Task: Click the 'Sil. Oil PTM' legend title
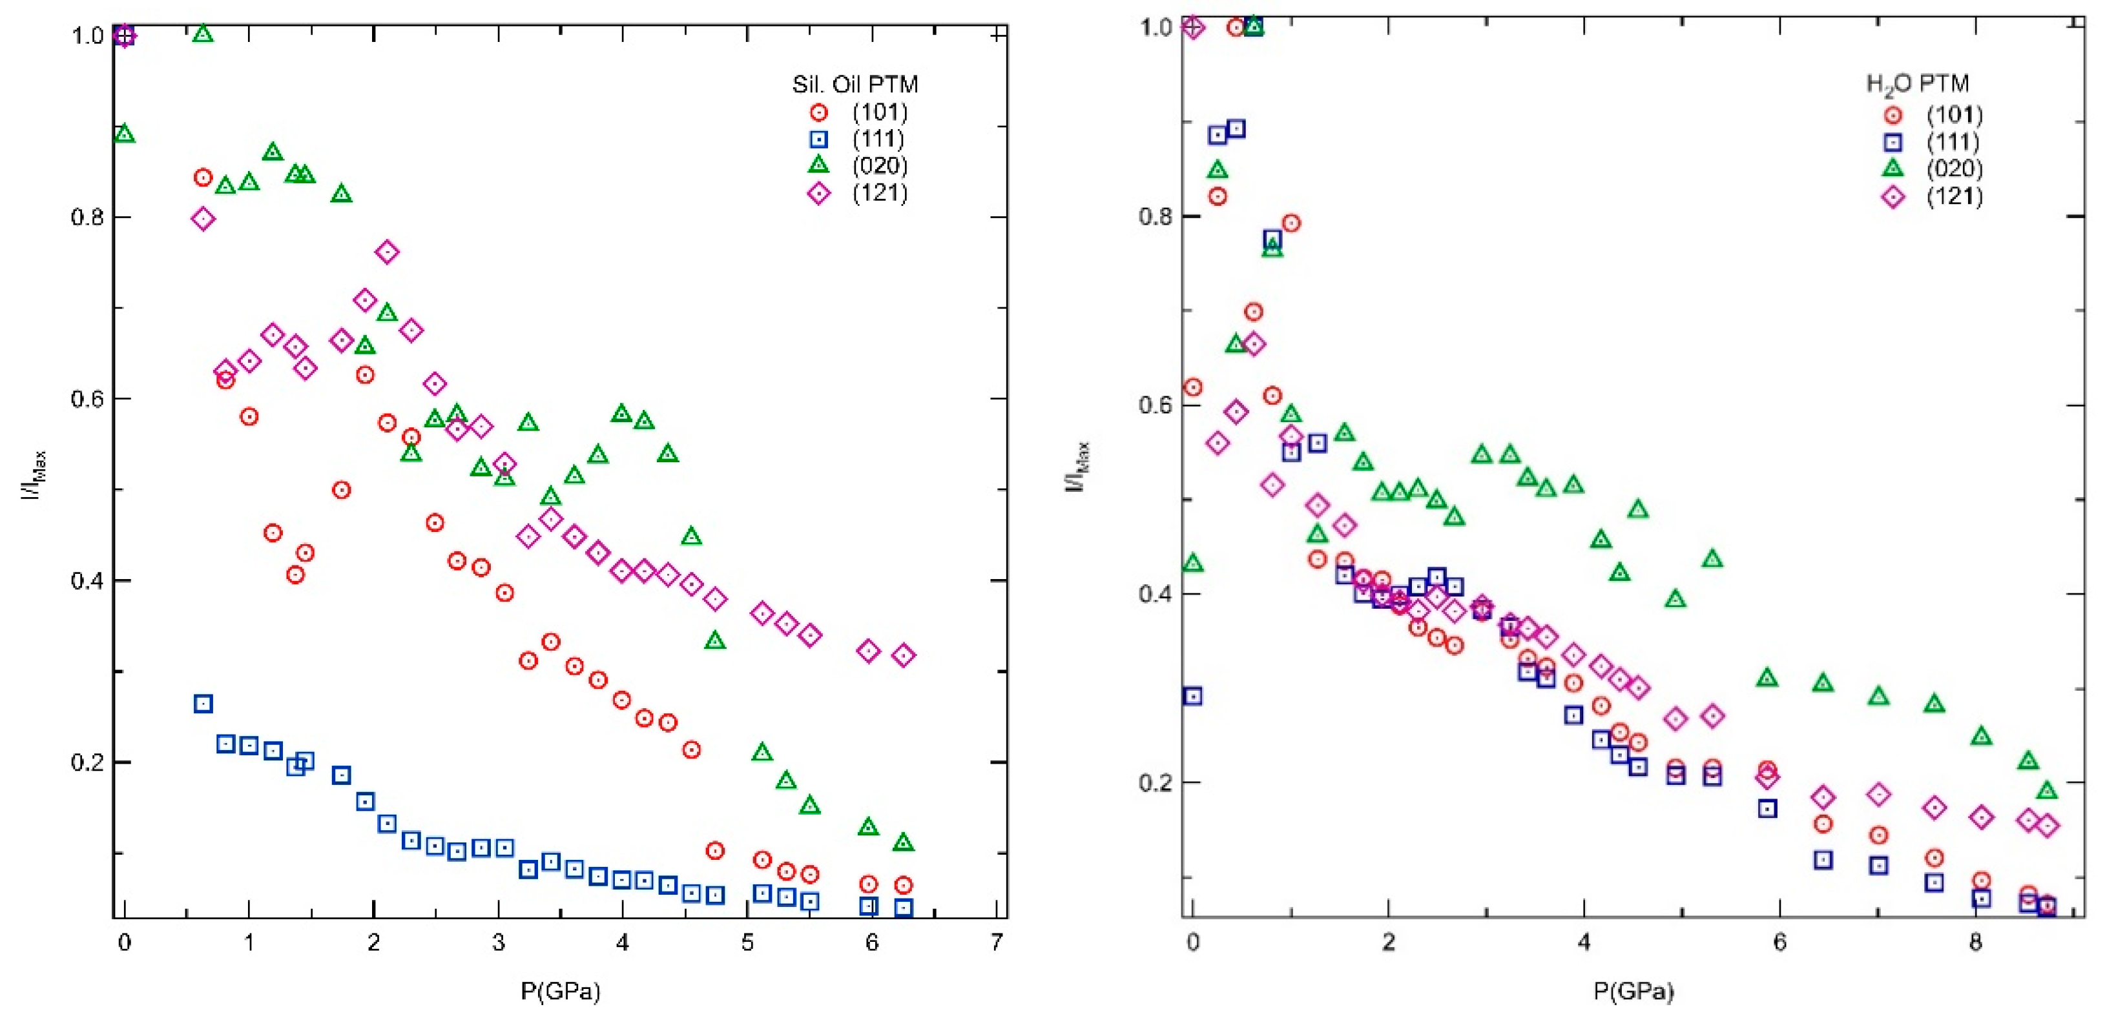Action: [x=855, y=84]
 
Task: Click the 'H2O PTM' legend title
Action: [x=1917, y=84]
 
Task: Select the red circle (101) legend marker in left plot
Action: [x=818, y=113]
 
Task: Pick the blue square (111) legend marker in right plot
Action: [x=1892, y=143]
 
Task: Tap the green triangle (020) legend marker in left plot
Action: [x=818, y=165]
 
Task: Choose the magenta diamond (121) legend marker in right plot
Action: [x=1892, y=197]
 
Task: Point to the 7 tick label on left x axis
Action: [x=996, y=942]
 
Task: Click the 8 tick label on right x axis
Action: [x=1975, y=942]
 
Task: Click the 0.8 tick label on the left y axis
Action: [x=87, y=218]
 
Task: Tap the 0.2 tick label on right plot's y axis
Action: [x=1155, y=782]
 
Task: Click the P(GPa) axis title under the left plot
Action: [x=561, y=992]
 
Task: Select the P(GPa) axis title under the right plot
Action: [x=1633, y=992]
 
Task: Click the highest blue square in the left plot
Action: [x=203, y=704]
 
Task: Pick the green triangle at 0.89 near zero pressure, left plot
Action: [x=124, y=134]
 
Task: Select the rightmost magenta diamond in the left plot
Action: [x=903, y=655]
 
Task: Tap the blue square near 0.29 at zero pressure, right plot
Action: [x=1193, y=697]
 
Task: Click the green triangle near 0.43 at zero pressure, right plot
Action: [x=1193, y=564]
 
